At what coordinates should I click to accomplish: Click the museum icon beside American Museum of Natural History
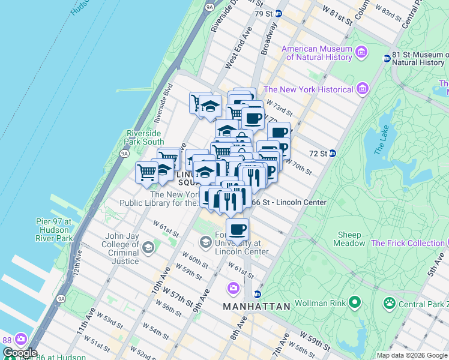coord(361,52)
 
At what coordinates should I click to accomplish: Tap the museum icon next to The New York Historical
coord(361,89)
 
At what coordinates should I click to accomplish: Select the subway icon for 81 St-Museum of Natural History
coord(387,58)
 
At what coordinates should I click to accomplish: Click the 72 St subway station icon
coord(332,154)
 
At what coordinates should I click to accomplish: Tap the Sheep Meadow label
coord(349,239)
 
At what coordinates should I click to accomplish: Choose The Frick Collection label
coord(408,243)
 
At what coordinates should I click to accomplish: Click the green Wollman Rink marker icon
coord(355,301)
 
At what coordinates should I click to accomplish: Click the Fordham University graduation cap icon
coord(206,241)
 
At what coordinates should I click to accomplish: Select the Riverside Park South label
coord(145,137)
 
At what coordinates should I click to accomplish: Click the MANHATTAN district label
coord(256,306)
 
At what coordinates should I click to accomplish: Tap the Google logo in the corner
coord(20,353)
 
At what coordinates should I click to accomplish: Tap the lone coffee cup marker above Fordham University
coord(238,229)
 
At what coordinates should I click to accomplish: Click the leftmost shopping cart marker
coord(146,173)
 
